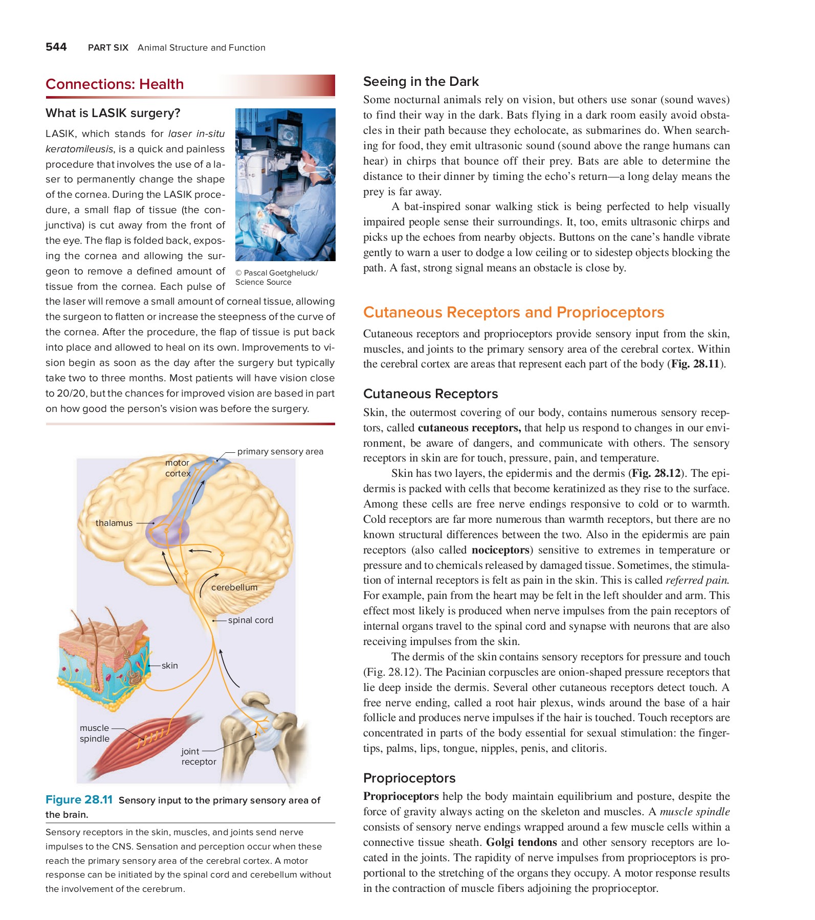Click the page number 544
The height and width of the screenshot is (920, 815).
click(56, 47)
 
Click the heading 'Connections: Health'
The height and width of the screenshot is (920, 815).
click(115, 84)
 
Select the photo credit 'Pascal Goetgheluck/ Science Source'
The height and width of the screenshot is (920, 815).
click(276, 278)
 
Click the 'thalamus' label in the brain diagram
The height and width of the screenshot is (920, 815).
click(114, 523)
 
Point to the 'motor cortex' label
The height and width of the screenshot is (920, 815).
click(177, 468)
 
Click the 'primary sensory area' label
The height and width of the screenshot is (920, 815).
click(280, 451)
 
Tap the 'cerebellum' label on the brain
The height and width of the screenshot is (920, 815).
click(234, 587)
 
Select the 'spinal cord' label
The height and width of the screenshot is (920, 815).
click(250, 620)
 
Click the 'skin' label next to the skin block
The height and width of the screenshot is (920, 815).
click(169, 665)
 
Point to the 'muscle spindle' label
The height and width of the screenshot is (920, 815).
click(95, 733)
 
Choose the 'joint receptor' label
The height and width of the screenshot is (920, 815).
click(199, 756)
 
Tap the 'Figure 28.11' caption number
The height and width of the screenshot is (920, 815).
click(79, 800)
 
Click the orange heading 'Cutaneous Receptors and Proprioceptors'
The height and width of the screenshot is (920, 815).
click(513, 312)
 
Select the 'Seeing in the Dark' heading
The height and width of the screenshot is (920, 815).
click(421, 82)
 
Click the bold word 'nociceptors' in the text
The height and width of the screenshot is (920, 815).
click(500, 550)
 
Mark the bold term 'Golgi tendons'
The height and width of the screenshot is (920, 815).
click(521, 842)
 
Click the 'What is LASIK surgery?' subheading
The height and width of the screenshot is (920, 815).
click(113, 113)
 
